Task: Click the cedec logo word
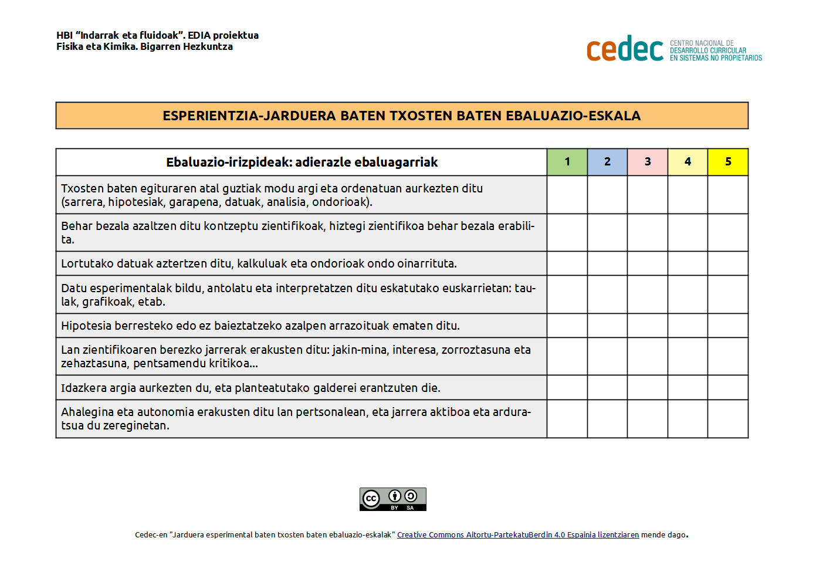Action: tap(625, 49)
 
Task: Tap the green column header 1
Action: tap(567, 162)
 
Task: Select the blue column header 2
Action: tap(607, 162)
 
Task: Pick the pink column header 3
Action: tap(648, 162)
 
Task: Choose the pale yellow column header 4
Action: tap(687, 162)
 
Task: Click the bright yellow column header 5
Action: tap(728, 162)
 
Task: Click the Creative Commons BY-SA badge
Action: tap(392, 499)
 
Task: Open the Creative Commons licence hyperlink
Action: tap(517, 535)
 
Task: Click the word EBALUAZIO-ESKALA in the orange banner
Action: tap(573, 116)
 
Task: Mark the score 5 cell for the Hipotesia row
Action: tap(728, 326)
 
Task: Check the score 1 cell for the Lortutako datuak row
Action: tap(567, 263)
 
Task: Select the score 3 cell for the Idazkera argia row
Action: tap(648, 388)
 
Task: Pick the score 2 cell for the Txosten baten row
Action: tap(607, 195)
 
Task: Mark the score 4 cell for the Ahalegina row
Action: tap(687, 419)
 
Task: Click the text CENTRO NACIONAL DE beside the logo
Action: tap(702, 43)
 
